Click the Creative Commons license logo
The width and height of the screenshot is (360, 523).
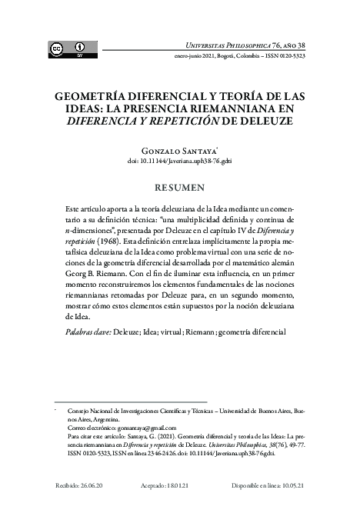click(68, 48)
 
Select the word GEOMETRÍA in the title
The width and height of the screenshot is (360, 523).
click(90, 97)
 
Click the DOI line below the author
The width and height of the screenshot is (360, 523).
click(180, 162)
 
